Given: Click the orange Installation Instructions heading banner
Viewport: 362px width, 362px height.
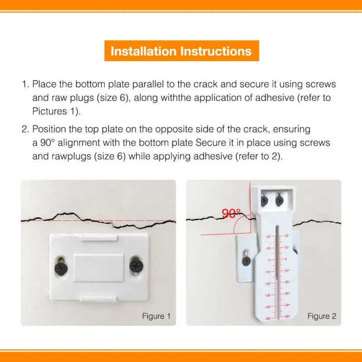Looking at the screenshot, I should pos(181,51).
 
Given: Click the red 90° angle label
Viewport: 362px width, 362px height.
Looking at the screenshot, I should pos(231,214).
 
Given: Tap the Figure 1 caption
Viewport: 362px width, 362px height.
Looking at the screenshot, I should pos(156,316).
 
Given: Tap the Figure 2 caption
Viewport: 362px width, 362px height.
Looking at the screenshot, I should pos(322,316).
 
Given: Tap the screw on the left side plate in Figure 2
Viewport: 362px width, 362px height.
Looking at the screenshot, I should pos(246,259).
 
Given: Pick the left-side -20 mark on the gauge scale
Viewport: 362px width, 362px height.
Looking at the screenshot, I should pos(267,237).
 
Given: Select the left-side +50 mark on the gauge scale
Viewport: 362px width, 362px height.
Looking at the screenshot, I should pos(267,319).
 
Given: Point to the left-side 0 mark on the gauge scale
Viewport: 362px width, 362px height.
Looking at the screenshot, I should pos(268,260).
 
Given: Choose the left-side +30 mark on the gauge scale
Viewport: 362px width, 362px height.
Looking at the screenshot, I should pos(267,295).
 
